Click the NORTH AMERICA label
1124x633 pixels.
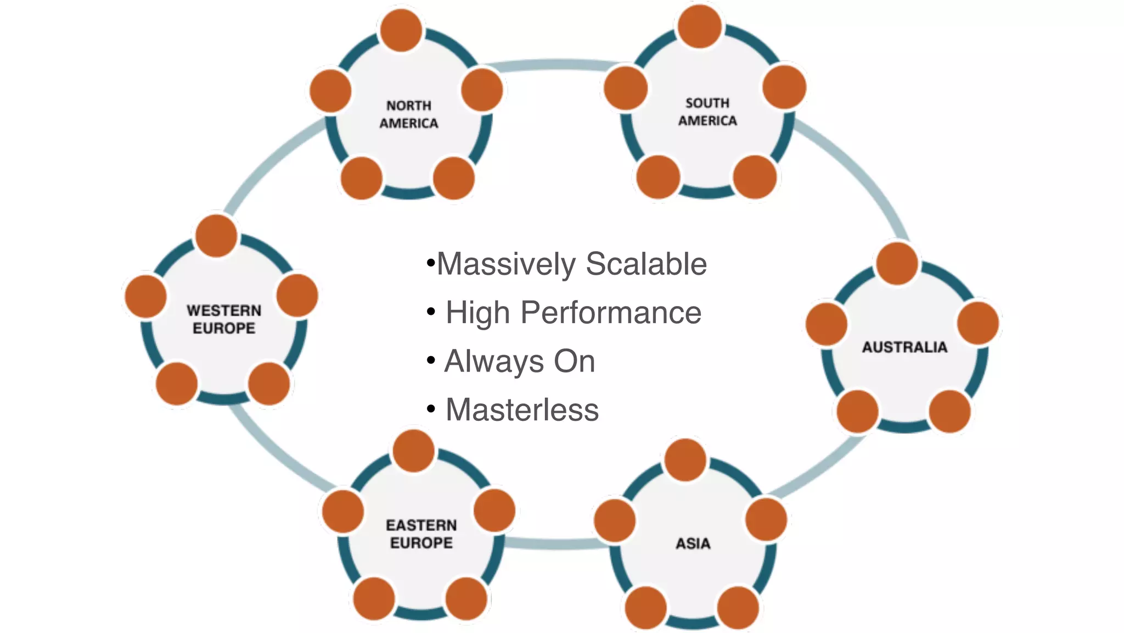tap(409, 114)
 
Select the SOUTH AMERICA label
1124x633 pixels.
tap(707, 112)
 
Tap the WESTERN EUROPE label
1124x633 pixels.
tap(224, 319)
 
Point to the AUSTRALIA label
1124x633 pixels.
tap(904, 347)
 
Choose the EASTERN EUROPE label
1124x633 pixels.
tap(421, 534)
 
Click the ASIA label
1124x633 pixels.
tap(693, 543)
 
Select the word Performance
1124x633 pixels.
tap(611, 313)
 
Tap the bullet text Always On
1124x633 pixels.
tap(519, 362)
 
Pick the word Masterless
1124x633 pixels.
tap(522, 410)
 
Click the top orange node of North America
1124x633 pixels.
tap(401, 30)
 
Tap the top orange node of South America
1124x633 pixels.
tap(700, 26)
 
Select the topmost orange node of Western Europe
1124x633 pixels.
tap(216, 236)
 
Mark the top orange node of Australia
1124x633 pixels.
tap(897, 264)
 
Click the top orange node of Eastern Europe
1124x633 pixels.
tap(414, 451)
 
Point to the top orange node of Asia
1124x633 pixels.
tap(685, 460)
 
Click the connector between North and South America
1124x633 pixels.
tap(552, 65)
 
